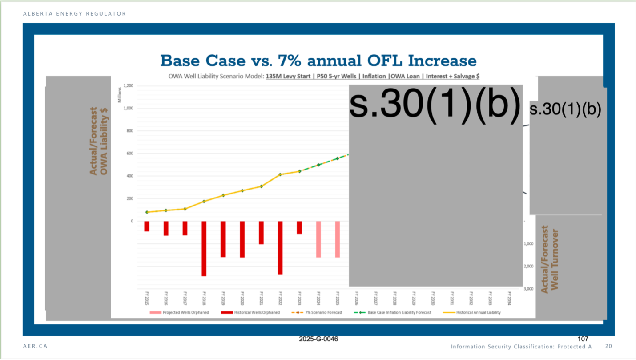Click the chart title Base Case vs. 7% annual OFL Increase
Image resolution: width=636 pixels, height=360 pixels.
(318, 61)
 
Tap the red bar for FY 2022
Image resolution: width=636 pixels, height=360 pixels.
(280, 247)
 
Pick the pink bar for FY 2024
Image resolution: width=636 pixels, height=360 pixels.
(318, 239)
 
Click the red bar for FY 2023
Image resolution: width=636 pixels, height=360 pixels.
(299, 227)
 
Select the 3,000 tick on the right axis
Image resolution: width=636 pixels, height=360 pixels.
(528, 289)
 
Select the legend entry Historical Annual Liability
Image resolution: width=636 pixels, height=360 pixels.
(478, 312)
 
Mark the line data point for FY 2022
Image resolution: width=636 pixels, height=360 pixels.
(280, 174)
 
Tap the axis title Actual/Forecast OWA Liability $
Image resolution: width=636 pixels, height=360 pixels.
(99, 141)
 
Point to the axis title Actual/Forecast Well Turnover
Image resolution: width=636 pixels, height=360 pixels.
(549, 260)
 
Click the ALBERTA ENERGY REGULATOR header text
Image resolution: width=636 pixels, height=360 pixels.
(75, 14)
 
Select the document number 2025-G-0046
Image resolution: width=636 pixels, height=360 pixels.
(318, 339)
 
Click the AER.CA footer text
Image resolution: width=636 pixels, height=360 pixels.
(35, 346)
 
